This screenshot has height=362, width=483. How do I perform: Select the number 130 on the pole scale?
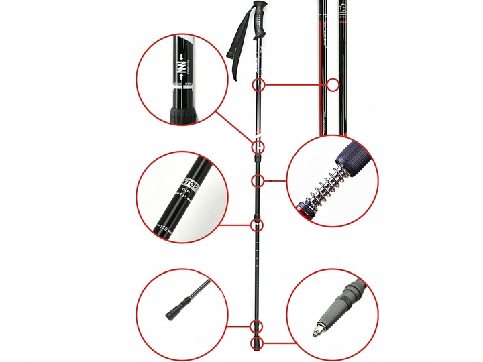162,227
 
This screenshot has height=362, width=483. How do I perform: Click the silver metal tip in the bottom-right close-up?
315,331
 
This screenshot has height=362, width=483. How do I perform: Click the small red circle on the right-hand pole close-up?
332,85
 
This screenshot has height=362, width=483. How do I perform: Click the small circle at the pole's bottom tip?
256,344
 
